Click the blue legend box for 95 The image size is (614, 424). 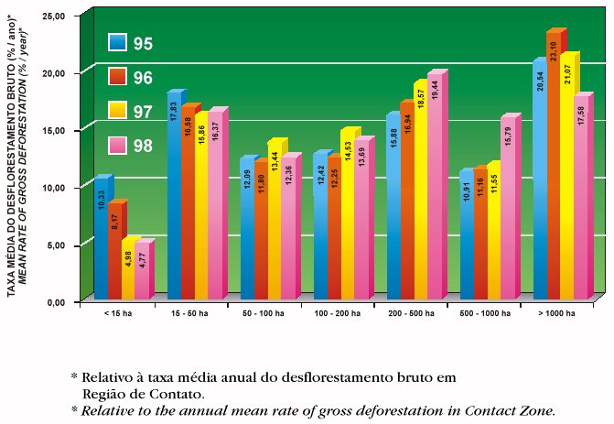coord(116,42)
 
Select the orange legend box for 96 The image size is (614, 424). coord(116,77)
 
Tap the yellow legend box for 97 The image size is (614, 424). coord(116,112)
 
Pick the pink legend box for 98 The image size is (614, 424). coord(116,146)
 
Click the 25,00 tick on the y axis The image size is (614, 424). coord(55,16)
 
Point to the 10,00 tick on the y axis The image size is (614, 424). coord(55,188)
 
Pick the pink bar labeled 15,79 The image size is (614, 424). coord(508,211)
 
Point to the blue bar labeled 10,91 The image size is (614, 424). coord(465,238)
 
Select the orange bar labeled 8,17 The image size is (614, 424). coord(113,252)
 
